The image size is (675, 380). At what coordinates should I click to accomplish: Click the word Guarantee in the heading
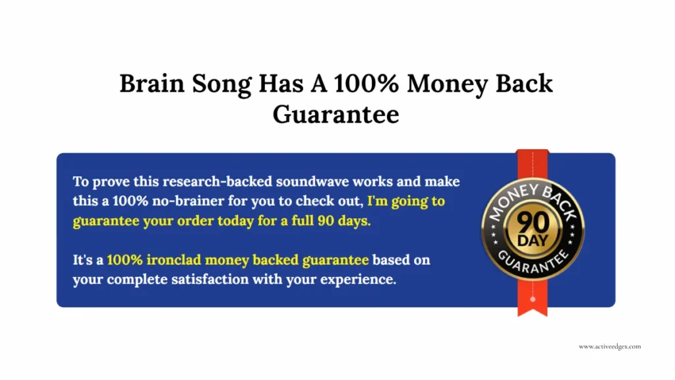(x=336, y=114)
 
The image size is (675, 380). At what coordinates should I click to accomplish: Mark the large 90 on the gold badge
(x=532, y=220)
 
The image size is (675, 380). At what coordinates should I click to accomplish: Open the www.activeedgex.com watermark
(x=610, y=346)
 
